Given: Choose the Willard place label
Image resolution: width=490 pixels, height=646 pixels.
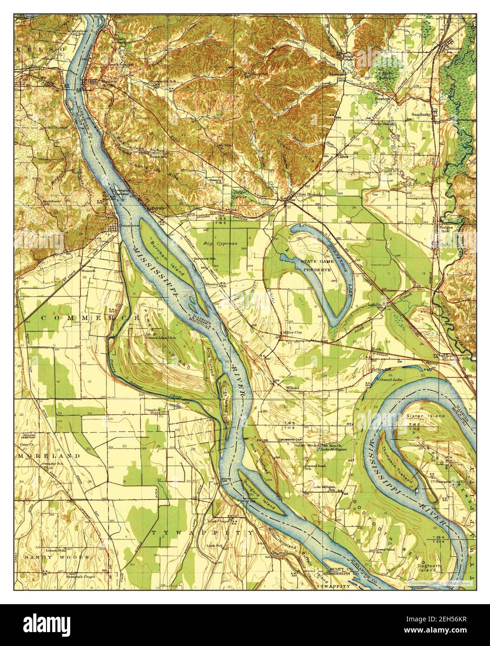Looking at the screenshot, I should point(292,387).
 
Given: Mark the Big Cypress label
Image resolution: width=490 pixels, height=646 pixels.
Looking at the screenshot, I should point(220,243).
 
